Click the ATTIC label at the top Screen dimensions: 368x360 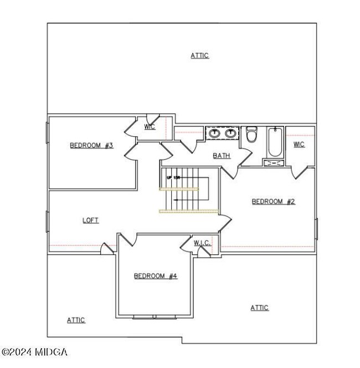coord(200,55)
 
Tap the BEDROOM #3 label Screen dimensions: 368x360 coord(91,146)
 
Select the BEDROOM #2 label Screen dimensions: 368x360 coord(273,202)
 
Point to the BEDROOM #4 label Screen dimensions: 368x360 coord(156,275)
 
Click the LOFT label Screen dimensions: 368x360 coord(90,220)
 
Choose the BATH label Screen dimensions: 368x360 coord(222,156)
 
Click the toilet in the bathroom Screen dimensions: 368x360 coord(251,135)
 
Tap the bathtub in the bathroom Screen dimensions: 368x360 coord(274,142)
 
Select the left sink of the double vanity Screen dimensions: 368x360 coord(215,133)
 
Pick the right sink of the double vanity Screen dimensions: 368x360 coord(230,133)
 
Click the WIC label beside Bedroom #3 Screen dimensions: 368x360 coord(150,127)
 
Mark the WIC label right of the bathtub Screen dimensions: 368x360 coord(299,145)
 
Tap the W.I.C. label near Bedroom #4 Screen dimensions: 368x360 coord(202,243)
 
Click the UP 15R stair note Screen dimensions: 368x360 coord(173,177)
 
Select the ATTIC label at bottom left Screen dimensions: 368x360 coord(76,320)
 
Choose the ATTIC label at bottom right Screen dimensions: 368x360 coord(259,308)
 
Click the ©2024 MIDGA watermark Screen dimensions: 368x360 coord(34,352)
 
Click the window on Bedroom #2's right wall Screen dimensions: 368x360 coord(316,227)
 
